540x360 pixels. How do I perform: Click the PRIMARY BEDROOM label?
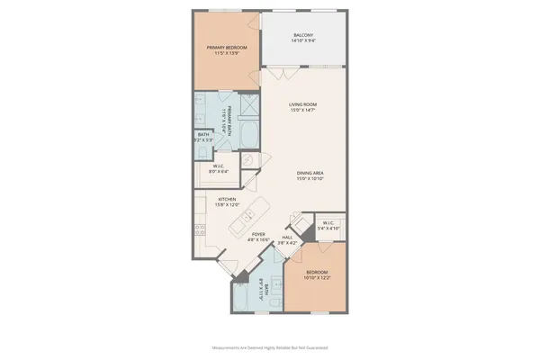pyautogui.click(x=226, y=47)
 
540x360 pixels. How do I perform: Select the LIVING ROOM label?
pyautogui.click(x=302, y=104)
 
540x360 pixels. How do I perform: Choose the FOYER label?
pyautogui.click(x=259, y=234)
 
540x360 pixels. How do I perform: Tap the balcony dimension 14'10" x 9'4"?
pyautogui.click(x=302, y=41)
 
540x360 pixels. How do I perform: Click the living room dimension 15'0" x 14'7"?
pyautogui.click(x=302, y=111)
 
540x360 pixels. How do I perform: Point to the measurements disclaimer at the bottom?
pyautogui.click(x=270, y=346)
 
